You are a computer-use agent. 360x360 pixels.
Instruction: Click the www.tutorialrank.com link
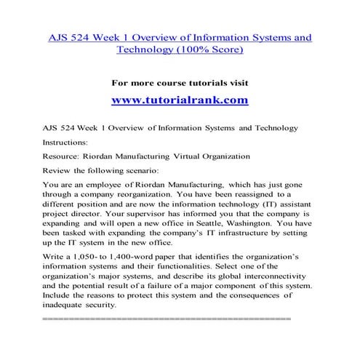click(180, 100)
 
